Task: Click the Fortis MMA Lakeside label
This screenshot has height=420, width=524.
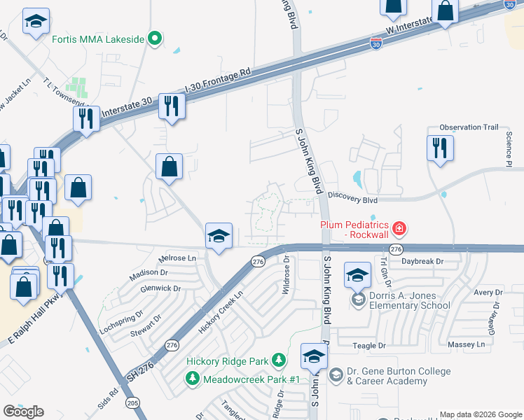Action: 98,39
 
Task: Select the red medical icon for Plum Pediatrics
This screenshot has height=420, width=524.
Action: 399,227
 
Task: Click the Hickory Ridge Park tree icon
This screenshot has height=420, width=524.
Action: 280,360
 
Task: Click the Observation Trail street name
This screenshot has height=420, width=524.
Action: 469,127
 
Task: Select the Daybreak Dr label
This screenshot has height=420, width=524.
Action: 423,261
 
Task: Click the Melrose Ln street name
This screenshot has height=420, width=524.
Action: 178,258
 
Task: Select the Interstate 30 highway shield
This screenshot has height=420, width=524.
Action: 375,43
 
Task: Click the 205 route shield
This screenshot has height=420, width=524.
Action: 132,402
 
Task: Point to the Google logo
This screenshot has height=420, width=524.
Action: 24,411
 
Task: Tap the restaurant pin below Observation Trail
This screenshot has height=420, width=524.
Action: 440,149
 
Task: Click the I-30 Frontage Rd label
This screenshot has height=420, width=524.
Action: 217,80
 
